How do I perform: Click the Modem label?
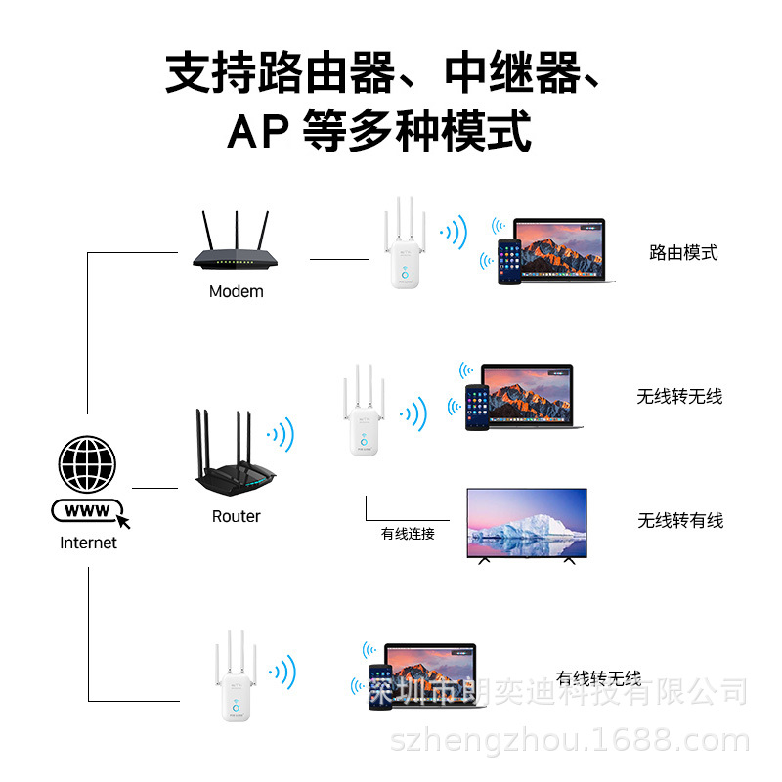[x=236, y=291]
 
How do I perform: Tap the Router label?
[x=236, y=516]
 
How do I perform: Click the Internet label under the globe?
[x=88, y=543]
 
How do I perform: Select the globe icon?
[x=87, y=463]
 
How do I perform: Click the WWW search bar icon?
[x=88, y=511]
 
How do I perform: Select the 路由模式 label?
[x=683, y=253]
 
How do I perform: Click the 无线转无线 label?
[x=679, y=396]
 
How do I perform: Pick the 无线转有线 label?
[x=680, y=520]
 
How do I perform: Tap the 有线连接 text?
[x=408, y=534]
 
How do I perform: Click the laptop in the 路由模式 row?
[x=561, y=250]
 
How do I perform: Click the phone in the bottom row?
[x=379, y=690]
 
